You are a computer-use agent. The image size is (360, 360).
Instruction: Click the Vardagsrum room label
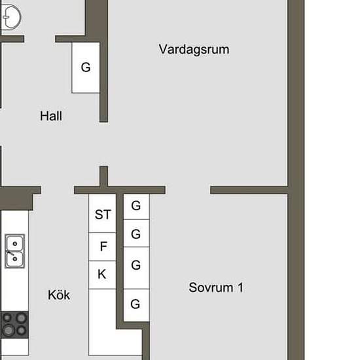194,50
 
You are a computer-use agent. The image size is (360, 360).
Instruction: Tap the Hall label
51,116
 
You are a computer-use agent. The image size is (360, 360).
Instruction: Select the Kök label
59,295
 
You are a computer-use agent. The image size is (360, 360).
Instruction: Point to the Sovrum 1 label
216,287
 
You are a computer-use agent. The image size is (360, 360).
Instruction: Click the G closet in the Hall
86,67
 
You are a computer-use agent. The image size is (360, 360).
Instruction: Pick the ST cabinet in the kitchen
102,213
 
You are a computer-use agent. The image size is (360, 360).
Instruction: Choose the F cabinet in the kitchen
102,247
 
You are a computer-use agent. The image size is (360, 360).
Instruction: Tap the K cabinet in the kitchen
102,275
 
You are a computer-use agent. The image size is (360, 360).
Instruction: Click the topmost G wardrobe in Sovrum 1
137,207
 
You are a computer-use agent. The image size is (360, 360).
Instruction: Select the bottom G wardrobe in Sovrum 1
137,305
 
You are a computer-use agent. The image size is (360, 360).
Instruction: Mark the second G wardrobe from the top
137,233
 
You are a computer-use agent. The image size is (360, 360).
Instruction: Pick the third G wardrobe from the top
137,268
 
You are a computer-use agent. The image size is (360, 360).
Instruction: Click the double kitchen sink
15,251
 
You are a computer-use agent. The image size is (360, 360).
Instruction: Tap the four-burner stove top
14,325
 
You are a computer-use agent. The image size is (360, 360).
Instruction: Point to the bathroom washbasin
11,17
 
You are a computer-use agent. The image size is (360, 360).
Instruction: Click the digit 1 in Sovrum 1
241,287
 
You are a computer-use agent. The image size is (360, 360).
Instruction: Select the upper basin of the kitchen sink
15,243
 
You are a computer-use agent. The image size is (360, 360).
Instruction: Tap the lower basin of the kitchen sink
15,259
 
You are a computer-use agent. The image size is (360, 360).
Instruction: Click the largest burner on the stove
9,330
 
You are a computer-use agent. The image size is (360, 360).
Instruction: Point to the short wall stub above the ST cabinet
104,176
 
